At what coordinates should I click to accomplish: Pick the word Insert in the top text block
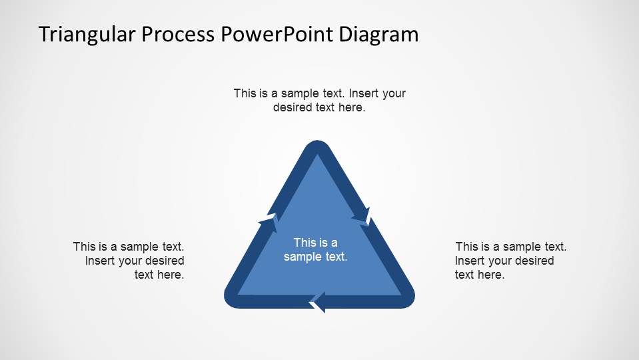point(366,93)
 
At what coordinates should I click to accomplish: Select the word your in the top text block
point(394,93)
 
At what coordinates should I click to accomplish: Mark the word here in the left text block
point(171,275)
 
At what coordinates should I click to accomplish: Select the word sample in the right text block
point(513,247)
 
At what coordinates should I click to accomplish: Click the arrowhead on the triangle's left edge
point(269,220)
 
